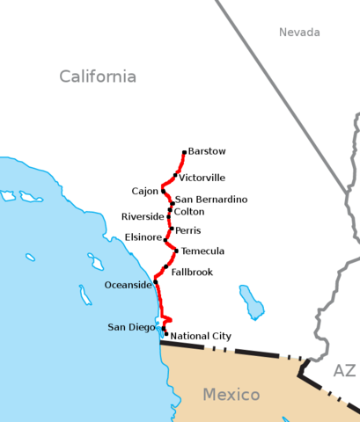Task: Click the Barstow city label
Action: [207, 151]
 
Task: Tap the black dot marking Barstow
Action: [184, 152]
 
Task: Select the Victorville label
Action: [202, 178]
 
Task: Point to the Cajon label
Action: [144, 191]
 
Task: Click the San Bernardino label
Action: [210, 200]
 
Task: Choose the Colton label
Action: [188, 212]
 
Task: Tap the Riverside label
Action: [143, 216]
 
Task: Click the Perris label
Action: [187, 230]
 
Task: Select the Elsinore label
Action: [143, 237]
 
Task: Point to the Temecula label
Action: [202, 251]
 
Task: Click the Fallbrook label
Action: [192, 272]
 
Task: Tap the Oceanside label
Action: [128, 285]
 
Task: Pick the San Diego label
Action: [131, 327]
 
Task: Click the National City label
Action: [201, 336]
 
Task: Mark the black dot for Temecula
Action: [176, 251]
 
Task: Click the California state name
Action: [98, 76]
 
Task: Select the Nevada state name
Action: [299, 33]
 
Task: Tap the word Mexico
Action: [231, 394]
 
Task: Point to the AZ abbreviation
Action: [343, 371]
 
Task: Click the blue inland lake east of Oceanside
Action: [252, 302]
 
